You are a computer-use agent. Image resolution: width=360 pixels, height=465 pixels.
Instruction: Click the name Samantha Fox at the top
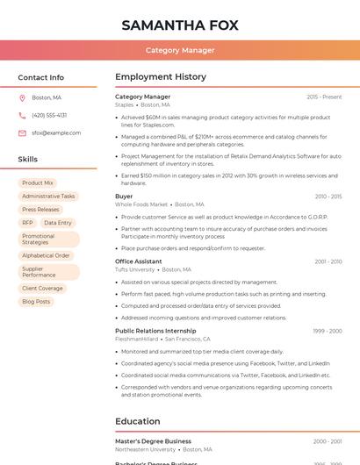[x=180, y=25]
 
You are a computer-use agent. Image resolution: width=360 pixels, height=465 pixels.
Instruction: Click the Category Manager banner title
[x=180, y=50]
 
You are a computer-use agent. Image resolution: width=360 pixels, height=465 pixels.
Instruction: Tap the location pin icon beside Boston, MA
[x=22, y=98]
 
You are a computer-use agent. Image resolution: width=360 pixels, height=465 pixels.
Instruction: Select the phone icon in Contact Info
[x=22, y=116]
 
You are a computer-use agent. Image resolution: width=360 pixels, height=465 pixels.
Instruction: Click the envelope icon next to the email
[x=22, y=133]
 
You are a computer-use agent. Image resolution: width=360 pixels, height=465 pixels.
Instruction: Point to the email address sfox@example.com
[x=56, y=133]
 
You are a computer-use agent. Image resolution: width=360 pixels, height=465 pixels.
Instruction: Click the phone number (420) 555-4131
[x=49, y=116]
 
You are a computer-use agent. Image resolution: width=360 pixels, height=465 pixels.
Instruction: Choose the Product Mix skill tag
[x=38, y=183]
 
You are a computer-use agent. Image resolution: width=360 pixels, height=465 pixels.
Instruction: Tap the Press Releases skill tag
[x=40, y=210]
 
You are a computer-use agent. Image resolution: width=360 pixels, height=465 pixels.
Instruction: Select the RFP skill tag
[x=27, y=223]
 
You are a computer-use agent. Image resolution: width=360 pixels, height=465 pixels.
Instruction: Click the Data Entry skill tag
[x=58, y=223]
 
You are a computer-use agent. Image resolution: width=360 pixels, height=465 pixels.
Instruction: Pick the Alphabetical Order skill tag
[x=46, y=255]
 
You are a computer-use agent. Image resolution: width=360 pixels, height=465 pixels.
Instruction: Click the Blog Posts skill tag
[x=36, y=302]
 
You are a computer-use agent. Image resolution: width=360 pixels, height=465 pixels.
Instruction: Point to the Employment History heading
[x=161, y=77]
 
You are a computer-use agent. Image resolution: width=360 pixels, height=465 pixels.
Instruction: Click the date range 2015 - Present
[x=324, y=97]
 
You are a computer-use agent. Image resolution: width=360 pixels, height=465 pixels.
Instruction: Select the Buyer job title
[x=124, y=197]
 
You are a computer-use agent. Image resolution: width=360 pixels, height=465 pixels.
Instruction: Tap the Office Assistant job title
[x=138, y=261]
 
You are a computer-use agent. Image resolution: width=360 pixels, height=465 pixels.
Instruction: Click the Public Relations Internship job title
[x=155, y=331]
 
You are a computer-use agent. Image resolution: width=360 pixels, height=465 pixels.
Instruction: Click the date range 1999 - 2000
[x=327, y=331]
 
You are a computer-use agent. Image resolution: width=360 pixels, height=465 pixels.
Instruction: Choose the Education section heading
[x=138, y=421]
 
